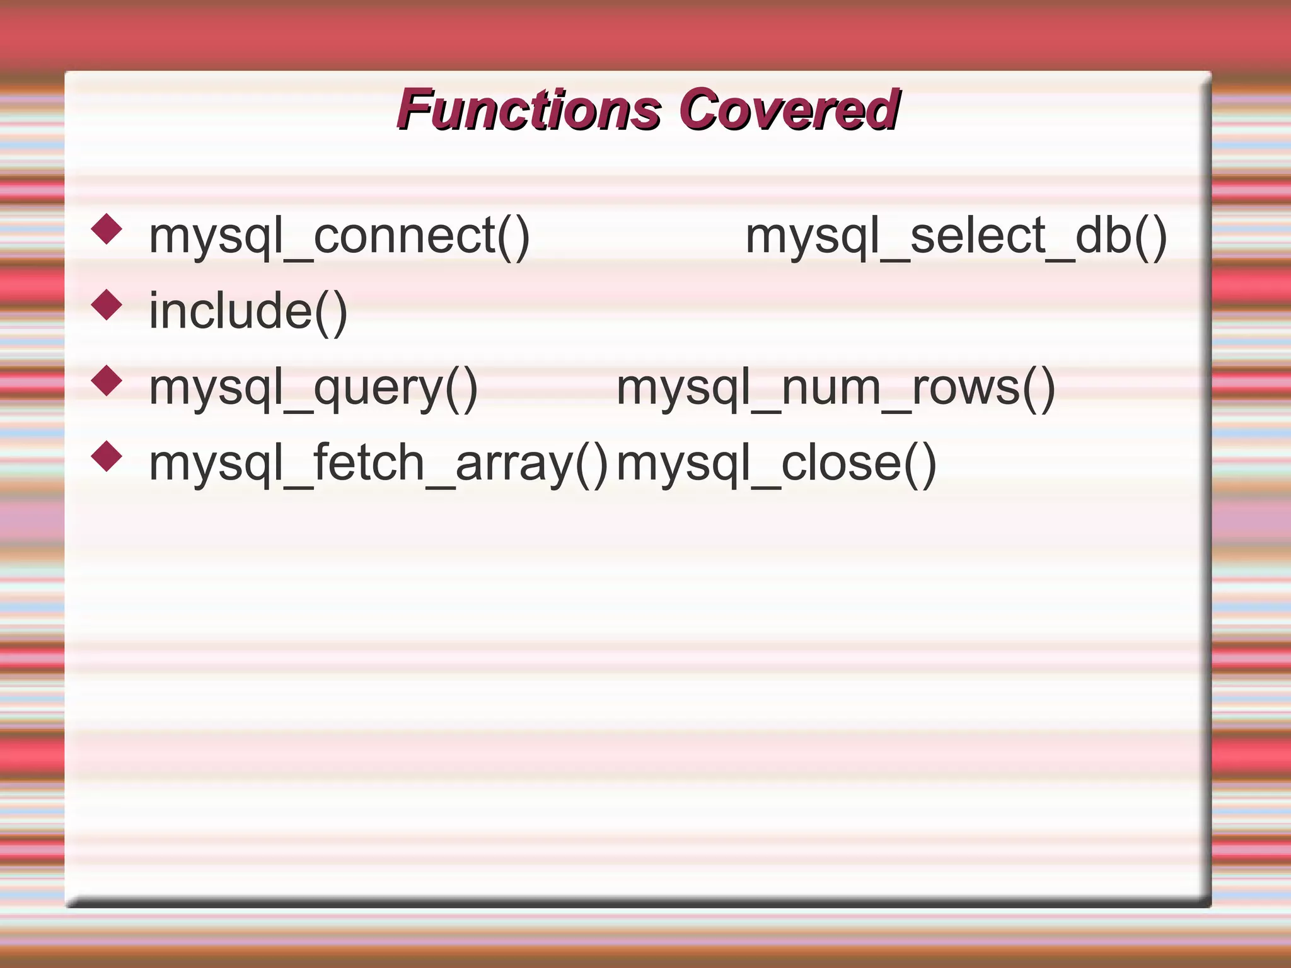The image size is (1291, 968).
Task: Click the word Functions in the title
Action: tap(530, 110)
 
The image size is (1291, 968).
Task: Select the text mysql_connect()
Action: tap(339, 237)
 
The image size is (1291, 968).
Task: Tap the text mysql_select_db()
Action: tap(956, 237)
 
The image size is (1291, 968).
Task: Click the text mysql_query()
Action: tap(313, 388)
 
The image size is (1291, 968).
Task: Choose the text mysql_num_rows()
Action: tap(835, 388)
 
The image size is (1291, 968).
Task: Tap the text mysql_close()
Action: tap(776, 464)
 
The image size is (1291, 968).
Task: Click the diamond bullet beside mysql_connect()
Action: tap(107, 229)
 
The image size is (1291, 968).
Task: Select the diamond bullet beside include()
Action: tap(107, 305)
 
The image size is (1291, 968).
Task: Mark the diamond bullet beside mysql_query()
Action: tap(107, 381)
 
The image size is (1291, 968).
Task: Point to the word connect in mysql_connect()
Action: tap(404, 237)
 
